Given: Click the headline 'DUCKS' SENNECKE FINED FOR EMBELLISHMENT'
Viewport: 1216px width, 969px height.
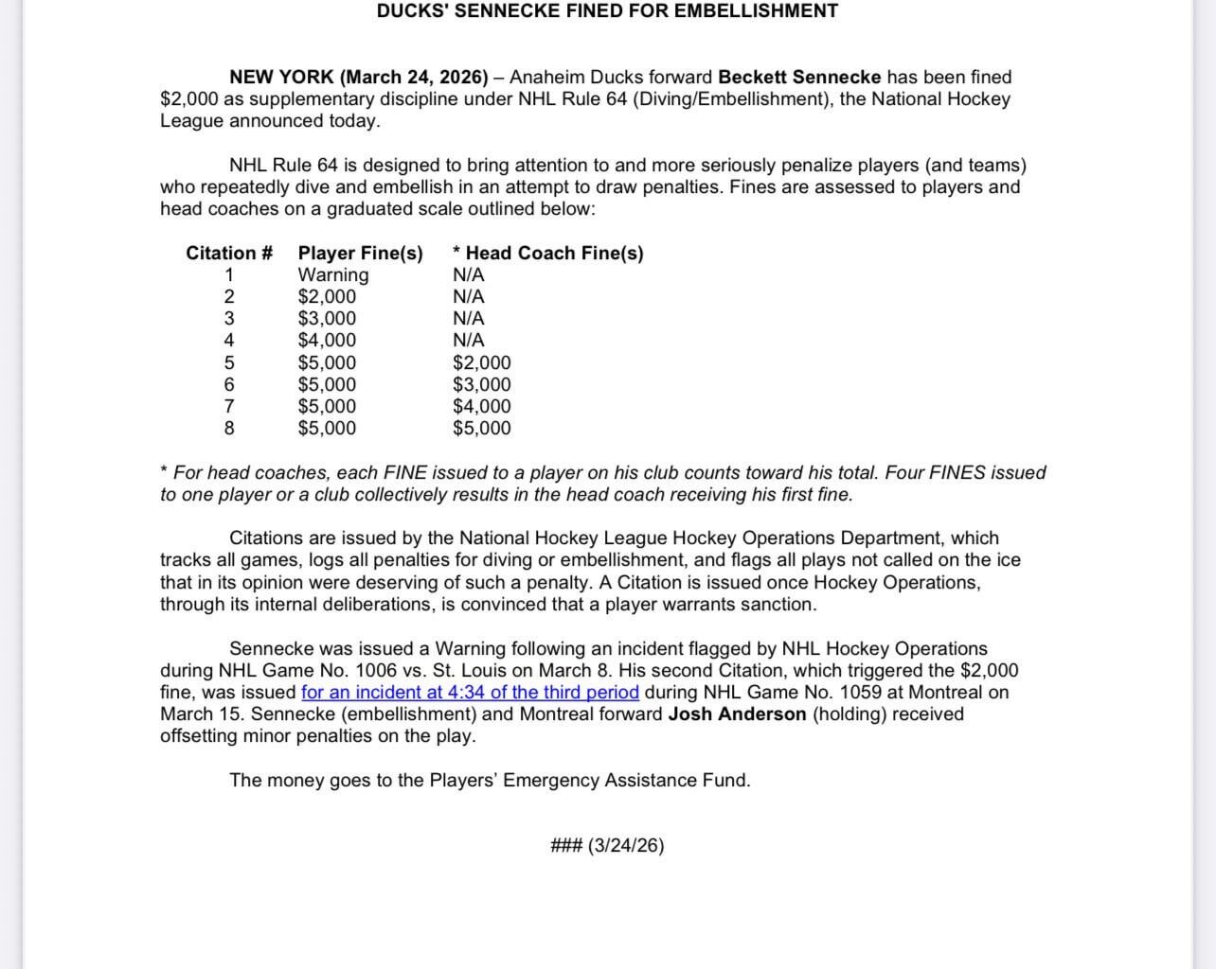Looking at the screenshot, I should (607, 11).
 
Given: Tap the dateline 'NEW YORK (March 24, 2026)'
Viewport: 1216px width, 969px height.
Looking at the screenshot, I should (359, 78).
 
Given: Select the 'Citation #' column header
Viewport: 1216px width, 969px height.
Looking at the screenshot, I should (229, 254).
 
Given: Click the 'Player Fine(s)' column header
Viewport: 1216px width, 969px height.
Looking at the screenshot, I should (360, 254).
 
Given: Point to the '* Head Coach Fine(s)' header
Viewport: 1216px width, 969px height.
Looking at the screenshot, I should (547, 254).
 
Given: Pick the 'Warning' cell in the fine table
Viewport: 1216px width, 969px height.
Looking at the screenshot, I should (333, 275).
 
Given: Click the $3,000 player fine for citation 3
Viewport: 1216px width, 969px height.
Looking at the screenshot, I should (327, 319).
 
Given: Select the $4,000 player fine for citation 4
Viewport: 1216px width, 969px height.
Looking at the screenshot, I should (327, 341).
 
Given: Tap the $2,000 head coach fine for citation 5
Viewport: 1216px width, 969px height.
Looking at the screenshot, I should (481, 363).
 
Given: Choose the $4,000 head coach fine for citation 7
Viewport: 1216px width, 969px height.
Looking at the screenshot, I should (481, 407).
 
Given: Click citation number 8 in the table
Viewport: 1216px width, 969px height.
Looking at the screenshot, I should (229, 429).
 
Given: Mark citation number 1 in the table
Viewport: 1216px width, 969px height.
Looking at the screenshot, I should (229, 275).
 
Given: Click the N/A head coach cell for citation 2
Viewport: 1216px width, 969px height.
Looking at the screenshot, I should (468, 297).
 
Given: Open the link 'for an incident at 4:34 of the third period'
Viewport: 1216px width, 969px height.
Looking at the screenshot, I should (470, 693).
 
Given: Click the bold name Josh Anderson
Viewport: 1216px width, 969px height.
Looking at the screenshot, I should (737, 714).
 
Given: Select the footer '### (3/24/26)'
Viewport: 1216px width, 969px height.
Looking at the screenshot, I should (607, 846).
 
